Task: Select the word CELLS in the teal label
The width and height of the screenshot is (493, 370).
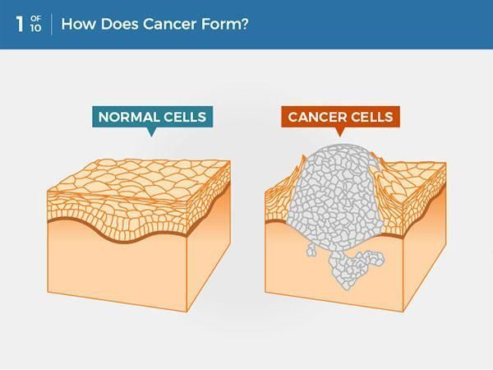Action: [x=185, y=117]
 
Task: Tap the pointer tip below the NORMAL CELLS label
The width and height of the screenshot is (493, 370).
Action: [x=151, y=134]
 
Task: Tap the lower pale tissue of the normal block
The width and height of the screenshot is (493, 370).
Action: [x=123, y=263]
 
